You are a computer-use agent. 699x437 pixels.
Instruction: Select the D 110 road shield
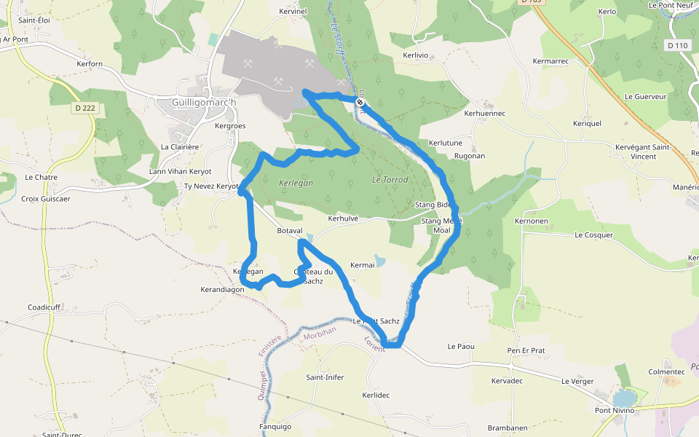point(677,45)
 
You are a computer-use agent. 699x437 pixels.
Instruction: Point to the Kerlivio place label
point(417,55)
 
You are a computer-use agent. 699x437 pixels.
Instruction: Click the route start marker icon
point(360,102)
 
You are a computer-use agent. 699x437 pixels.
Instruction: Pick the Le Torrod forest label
point(390,179)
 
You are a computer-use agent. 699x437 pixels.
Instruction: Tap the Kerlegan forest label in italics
point(296,183)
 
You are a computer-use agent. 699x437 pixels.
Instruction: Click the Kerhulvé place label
point(344,218)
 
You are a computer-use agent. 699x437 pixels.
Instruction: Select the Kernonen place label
point(531,221)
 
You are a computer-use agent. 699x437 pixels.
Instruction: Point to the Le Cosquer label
point(593,235)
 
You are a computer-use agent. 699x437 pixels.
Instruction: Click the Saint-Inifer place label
point(325,377)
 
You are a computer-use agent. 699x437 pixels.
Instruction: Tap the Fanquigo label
point(275,427)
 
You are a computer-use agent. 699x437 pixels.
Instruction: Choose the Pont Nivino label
point(614,411)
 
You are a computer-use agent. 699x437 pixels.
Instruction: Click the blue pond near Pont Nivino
point(623,398)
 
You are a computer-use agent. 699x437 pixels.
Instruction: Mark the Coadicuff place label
point(44,307)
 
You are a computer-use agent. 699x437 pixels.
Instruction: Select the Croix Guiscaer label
point(46,199)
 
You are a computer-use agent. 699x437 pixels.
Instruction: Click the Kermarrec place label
point(550,61)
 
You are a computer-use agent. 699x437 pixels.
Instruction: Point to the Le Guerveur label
point(645,96)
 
